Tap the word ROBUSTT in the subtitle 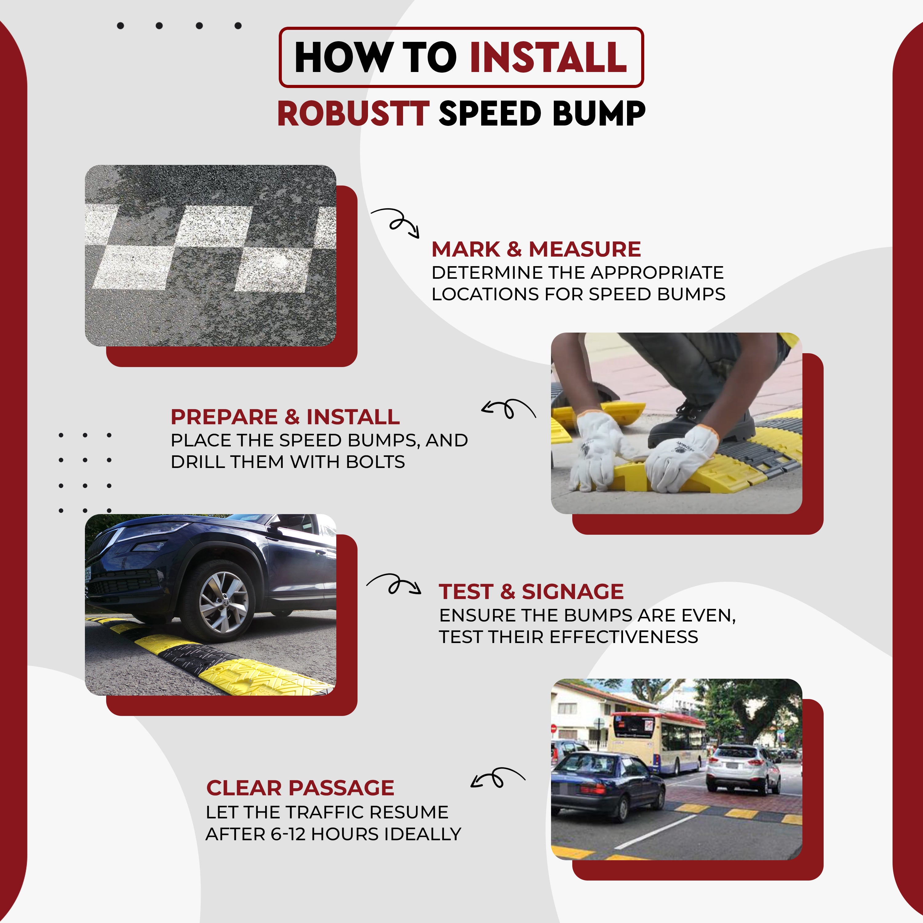[354, 114]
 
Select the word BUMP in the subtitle [599, 114]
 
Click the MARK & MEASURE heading [536, 249]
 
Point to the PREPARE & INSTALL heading [285, 417]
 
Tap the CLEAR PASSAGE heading [300, 788]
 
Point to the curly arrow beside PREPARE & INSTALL [508, 409]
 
